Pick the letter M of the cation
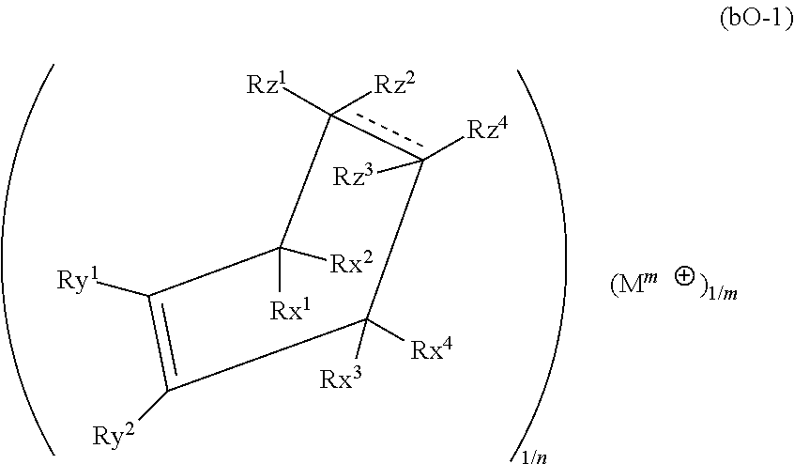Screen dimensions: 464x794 pyautogui.click(x=628, y=286)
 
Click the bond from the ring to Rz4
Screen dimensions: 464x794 pyautogui.click(x=444, y=148)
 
